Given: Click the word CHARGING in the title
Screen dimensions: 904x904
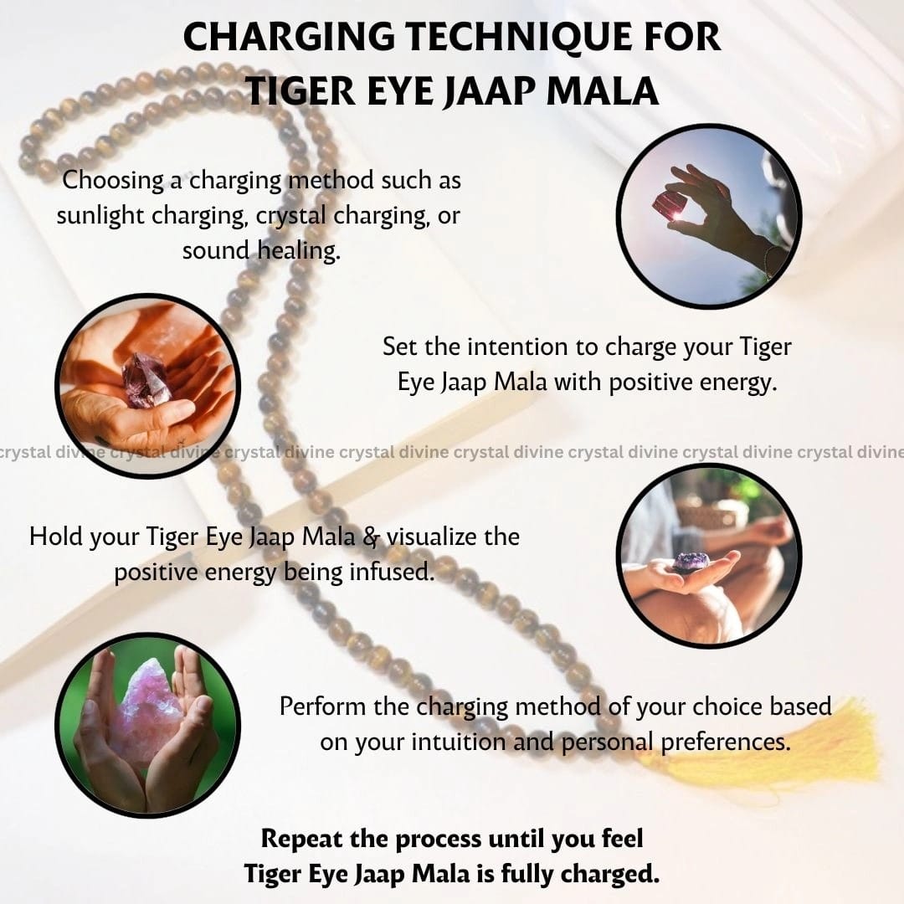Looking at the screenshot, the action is tap(289, 38).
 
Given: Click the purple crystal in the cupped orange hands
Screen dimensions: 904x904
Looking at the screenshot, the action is tap(146, 380).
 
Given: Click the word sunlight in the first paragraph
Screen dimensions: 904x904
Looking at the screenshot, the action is tap(100, 216).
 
